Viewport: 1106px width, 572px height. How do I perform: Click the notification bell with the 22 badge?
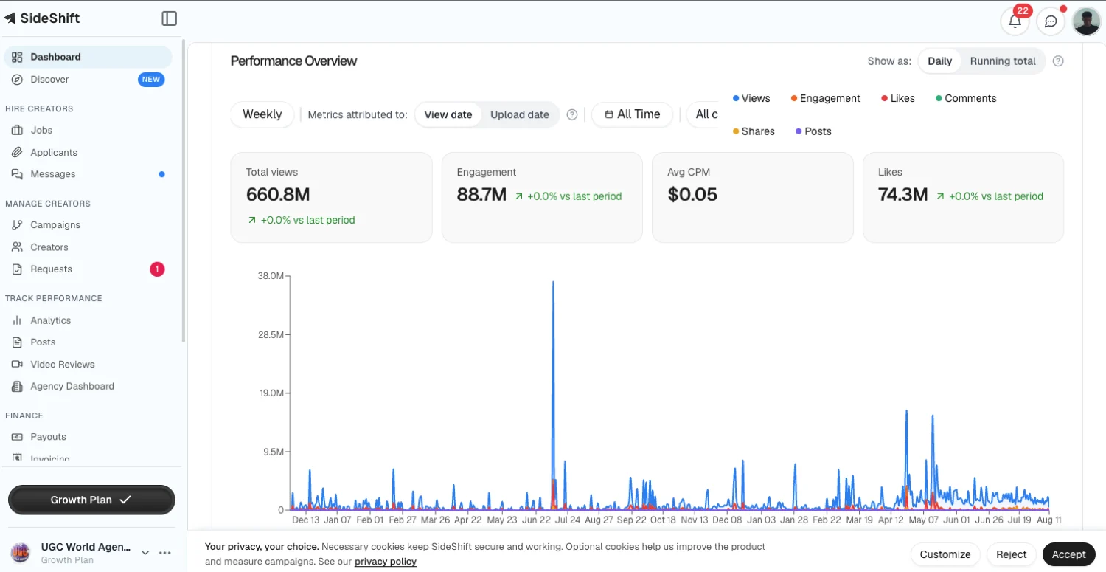[x=1015, y=21]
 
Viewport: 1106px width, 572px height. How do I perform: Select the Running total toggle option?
[x=1002, y=61]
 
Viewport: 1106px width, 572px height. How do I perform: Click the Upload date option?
[x=519, y=114]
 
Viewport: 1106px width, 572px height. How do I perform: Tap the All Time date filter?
[x=633, y=114]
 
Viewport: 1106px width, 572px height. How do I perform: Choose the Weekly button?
[x=262, y=114]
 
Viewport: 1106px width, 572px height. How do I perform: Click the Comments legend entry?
[x=966, y=98]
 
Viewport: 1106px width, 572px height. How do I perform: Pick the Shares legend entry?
[x=754, y=131]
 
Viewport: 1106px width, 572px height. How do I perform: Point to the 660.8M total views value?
[x=278, y=194]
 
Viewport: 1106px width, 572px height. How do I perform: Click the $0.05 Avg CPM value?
[x=692, y=194]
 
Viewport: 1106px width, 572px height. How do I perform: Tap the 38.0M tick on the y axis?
[x=271, y=276]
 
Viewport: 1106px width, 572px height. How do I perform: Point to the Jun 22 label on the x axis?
[x=536, y=520]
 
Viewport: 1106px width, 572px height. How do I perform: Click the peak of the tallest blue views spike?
[x=553, y=282]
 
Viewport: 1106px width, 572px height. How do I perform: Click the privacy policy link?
[x=385, y=562]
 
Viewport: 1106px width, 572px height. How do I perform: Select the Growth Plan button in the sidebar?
[x=91, y=500]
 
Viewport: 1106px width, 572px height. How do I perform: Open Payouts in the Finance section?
[x=48, y=437]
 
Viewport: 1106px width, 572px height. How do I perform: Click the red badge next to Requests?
[x=157, y=269]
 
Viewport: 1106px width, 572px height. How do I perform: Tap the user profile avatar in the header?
[x=1086, y=21]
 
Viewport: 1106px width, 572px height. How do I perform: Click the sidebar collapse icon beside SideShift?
[x=170, y=18]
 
